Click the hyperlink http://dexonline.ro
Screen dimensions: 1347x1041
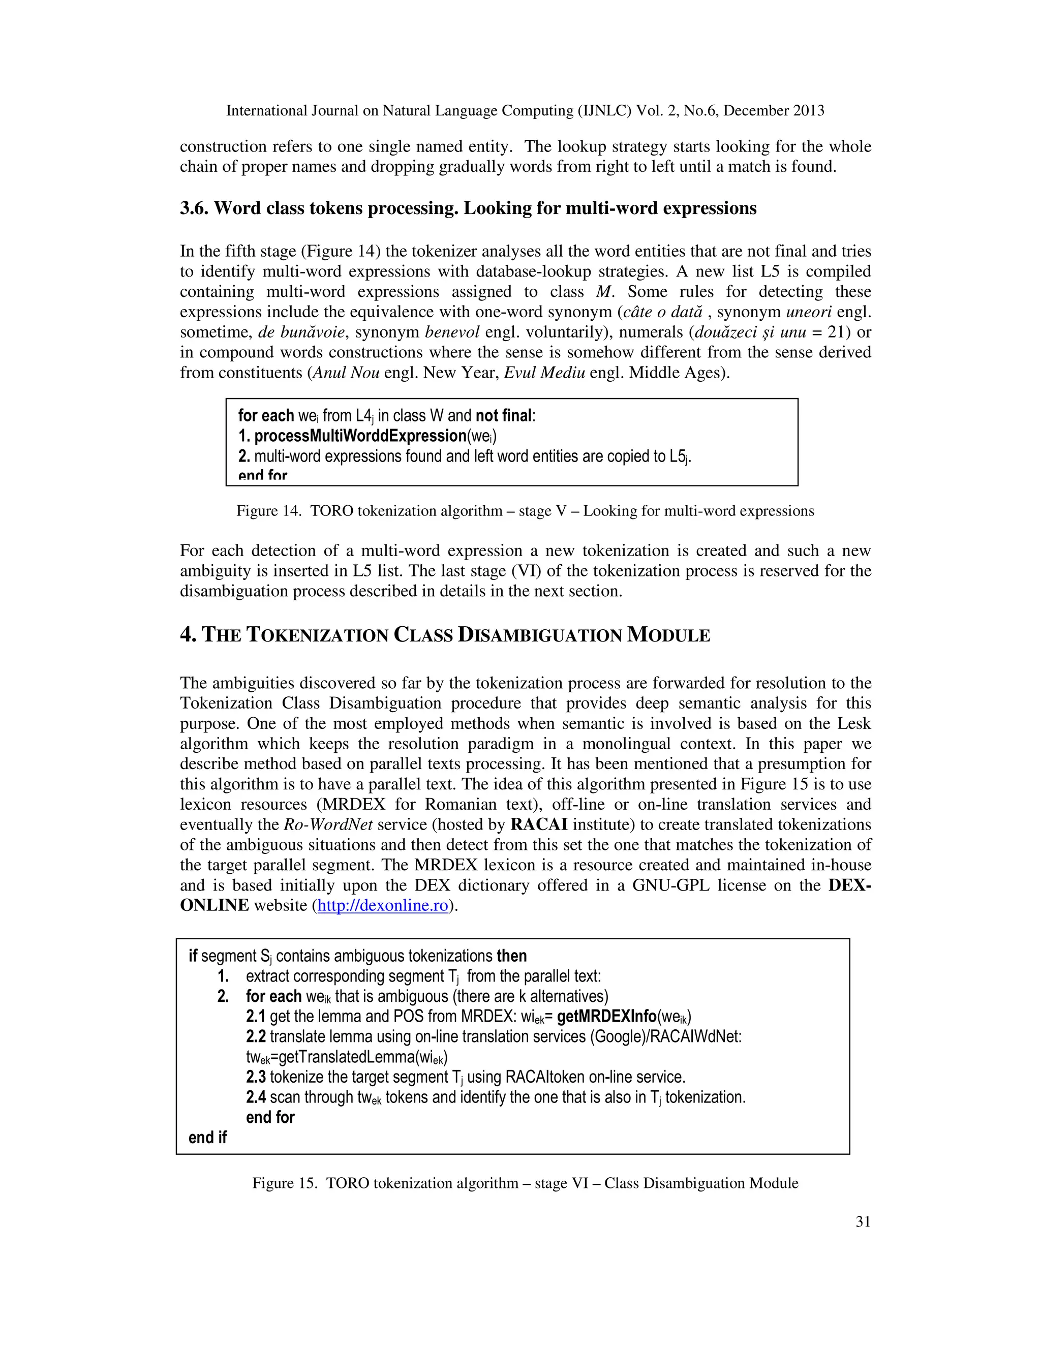tap(382, 905)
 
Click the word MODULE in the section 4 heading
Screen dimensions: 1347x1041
tap(668, 635)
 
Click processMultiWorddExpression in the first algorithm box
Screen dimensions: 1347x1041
tap(360, 436)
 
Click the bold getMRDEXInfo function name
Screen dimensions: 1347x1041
tap(606, 1017)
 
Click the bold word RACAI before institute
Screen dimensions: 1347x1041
tap(539, 824)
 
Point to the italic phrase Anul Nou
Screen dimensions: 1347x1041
tap(346, 373)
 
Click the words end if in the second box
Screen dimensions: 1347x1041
tap(207, 1137)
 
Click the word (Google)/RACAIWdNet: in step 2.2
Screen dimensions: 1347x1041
tap(666, 1037)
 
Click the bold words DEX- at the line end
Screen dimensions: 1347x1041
tap(849, 885)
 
